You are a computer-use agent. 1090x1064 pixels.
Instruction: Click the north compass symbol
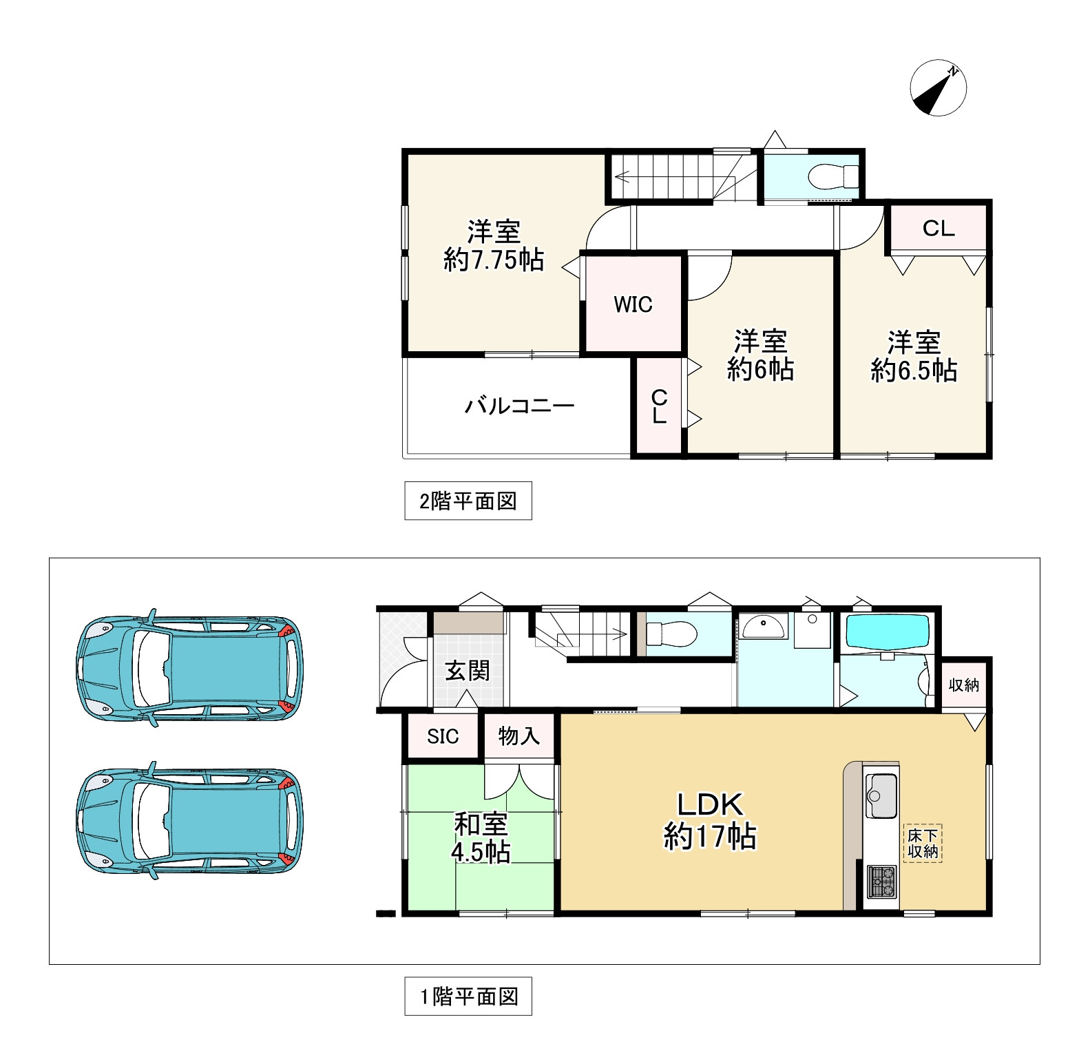[x=939, y=88]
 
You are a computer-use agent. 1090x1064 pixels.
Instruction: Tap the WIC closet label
[x=633, y=304]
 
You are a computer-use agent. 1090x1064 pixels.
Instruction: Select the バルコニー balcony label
[x=519, y=406]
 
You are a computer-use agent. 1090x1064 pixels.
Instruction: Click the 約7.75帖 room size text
[x=494, y=260]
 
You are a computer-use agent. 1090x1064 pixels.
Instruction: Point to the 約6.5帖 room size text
[x=914, y=371]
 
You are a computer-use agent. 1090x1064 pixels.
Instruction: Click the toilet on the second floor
[x=832, y=177]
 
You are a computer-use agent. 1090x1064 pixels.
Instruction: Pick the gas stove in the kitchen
[x=881, y=882]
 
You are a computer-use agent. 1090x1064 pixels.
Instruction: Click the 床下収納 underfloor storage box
[x=923, y=844]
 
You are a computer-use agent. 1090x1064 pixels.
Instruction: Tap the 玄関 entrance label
[x=468, y=670]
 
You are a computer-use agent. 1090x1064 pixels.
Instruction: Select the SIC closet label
[x=443, y=736]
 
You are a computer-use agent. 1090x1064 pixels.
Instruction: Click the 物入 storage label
[x=518, y=736]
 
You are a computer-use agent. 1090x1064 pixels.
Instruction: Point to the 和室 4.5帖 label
[x=481, y=838]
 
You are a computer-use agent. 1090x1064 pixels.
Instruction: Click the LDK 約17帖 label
[x=710, y=821]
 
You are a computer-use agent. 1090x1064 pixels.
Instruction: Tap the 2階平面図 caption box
[x=468, y=501]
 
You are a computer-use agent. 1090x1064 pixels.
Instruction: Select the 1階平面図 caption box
[x=468, y=996]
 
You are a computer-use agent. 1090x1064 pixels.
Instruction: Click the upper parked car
[x=189, y=668]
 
